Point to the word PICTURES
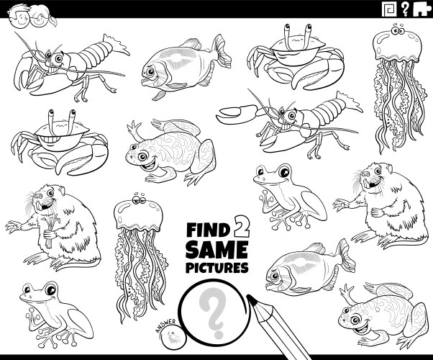tap(216, 268)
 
